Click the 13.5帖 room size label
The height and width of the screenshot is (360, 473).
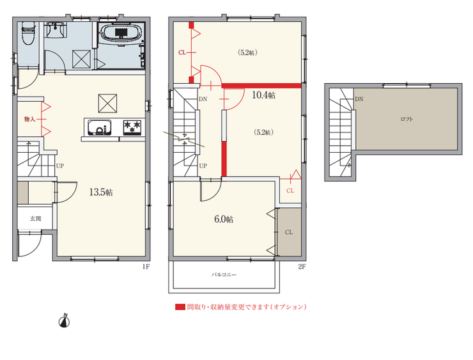pos(101,192)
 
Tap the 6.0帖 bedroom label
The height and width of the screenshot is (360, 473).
pos(224,219)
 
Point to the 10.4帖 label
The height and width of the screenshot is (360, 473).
pos(263,95)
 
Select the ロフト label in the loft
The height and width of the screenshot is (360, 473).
pos(407,119)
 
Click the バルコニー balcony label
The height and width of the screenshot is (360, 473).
pos(224,274)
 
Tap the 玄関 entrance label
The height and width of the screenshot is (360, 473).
pos(35,219)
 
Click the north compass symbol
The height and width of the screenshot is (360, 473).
pos(65,321)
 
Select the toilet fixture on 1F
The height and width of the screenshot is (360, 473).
pos(28,33)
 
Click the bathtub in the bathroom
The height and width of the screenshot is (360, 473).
pos(121,33)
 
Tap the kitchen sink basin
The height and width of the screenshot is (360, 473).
pos(99,128)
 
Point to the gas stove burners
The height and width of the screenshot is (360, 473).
pos(132,127)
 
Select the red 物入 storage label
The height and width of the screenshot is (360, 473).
pos(29,120)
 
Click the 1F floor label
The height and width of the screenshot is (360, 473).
pos(146,267)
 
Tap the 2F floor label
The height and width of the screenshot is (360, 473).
pos(302,267)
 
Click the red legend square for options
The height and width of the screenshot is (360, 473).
pos(180,307)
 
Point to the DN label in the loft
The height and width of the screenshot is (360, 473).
pos(359,99)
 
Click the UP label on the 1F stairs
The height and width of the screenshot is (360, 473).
pos(59,166)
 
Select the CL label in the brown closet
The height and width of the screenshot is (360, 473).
pos(289,232)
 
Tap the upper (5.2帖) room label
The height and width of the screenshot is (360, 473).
pos(247,52)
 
